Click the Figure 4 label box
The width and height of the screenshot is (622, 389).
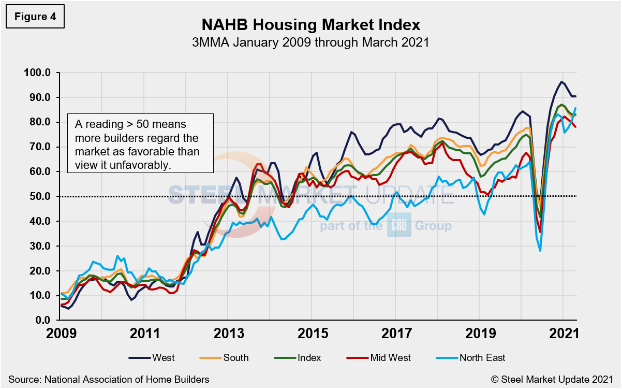[35, 17]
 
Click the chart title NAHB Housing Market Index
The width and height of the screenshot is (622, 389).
[310, 25]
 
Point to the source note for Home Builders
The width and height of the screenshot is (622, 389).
[109, 379]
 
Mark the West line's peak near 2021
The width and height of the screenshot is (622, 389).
[561, 82]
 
